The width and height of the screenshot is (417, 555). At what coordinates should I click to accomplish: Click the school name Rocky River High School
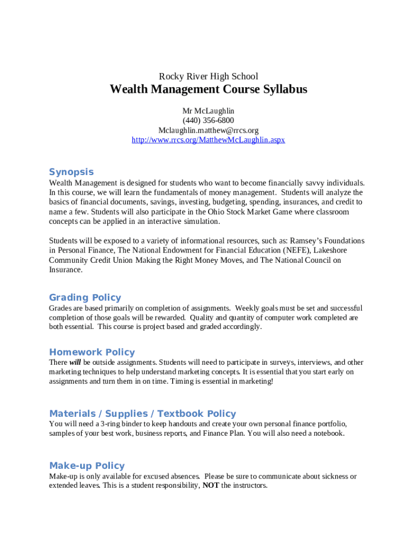coord(208,76)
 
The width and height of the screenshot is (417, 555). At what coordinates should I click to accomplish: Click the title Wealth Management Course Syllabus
coord(208,89)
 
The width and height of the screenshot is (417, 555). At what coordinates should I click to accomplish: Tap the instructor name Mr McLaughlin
coord(208,111)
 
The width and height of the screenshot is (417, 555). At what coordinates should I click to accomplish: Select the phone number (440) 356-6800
coord(208,120)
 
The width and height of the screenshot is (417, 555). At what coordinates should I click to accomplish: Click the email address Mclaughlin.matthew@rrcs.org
coord(208,130)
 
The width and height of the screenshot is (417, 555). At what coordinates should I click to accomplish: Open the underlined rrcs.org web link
coord(208,140)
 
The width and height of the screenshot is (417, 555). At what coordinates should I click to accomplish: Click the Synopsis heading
coord(71,172)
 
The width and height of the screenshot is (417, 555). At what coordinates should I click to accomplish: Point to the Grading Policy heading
coord(85,297)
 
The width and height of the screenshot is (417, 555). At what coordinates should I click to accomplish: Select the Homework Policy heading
coord(92,352)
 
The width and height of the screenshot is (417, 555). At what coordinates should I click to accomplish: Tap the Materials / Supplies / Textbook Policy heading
coord(142,414)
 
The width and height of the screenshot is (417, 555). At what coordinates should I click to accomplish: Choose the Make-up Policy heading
coord(87,466)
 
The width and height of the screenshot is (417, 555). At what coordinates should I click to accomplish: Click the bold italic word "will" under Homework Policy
coord(75,362)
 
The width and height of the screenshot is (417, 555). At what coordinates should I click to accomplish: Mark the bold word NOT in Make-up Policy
coord(211,486)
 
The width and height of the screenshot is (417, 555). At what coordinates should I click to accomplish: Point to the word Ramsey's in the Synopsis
coord(307,241)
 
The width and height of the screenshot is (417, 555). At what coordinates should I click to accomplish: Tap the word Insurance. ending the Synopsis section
coord(66,270)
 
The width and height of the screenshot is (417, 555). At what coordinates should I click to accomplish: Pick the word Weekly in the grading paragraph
coord(248,308)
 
